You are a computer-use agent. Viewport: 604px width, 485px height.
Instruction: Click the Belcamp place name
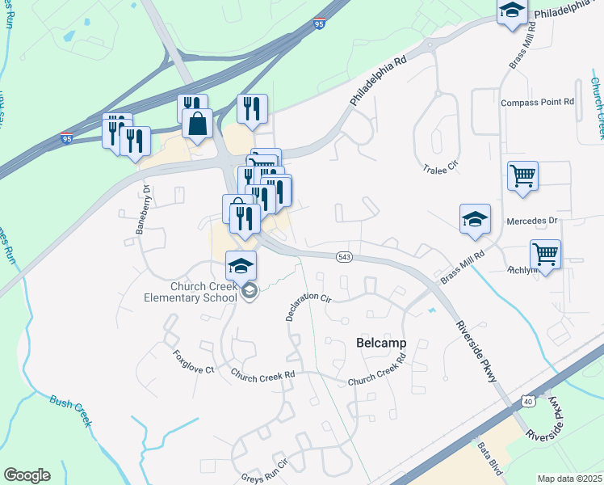pos(380,343)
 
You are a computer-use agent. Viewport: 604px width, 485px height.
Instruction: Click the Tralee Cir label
pos(441,167)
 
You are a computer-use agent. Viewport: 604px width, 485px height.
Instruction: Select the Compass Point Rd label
pos(537,103)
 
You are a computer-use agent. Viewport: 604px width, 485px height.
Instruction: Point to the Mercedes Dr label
pos(532,221)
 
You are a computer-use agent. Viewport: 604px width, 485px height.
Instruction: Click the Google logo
pos(27,475)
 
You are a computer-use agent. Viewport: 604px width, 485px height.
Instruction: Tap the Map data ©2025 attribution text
pos(569,479)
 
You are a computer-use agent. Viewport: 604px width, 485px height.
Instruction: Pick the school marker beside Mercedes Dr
pos(475,218)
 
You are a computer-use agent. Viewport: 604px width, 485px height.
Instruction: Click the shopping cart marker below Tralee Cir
pos(522,175)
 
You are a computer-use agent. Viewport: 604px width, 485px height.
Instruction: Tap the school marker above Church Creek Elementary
pos(241,266)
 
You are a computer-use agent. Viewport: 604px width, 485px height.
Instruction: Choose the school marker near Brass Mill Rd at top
pos(512,12)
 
